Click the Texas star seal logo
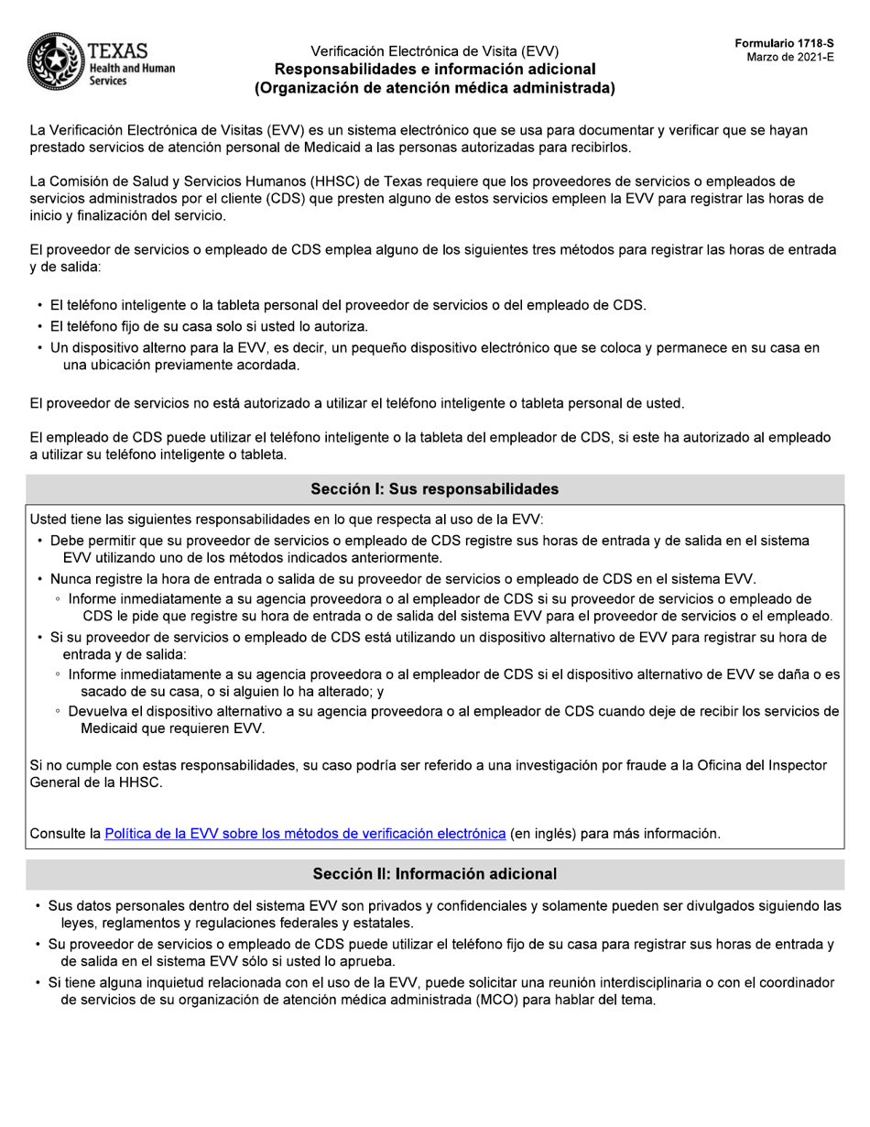coord(56,62)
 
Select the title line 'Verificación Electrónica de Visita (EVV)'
coord(434,51)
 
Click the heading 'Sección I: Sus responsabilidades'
coord(434,489)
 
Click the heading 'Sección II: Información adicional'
coord(434,874)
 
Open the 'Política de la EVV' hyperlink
coord(305,834)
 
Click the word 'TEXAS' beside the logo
coord(118,50)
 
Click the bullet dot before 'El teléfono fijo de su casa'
coord(40,327)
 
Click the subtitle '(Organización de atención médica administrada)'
coord(434,89)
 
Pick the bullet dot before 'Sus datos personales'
coord(38,906)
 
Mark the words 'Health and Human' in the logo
coord(132,69)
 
